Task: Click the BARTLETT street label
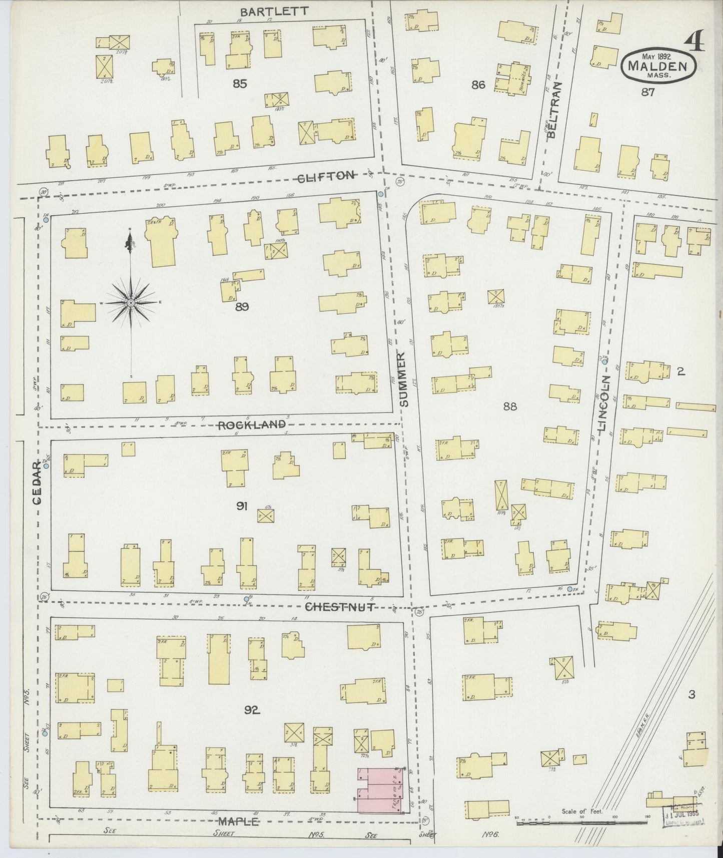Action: click(x=274, y=12)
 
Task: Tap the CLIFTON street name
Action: click(x=326, y=176)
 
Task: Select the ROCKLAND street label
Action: click(x=252, y=425)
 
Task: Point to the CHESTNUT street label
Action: click(x=340, y=607)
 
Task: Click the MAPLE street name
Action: click(x=238, y=821)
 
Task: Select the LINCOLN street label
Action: click(x=604, y=403)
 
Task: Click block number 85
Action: click(x=240, y=84)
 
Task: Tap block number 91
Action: click(x=242, y=507)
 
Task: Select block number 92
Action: click(x=253, y=709)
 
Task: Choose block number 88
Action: click(x=510, y=406)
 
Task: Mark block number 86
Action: click(x=478, y=85)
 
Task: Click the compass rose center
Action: click(x=131, y=303)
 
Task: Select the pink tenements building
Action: click(x=381, y=789)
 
